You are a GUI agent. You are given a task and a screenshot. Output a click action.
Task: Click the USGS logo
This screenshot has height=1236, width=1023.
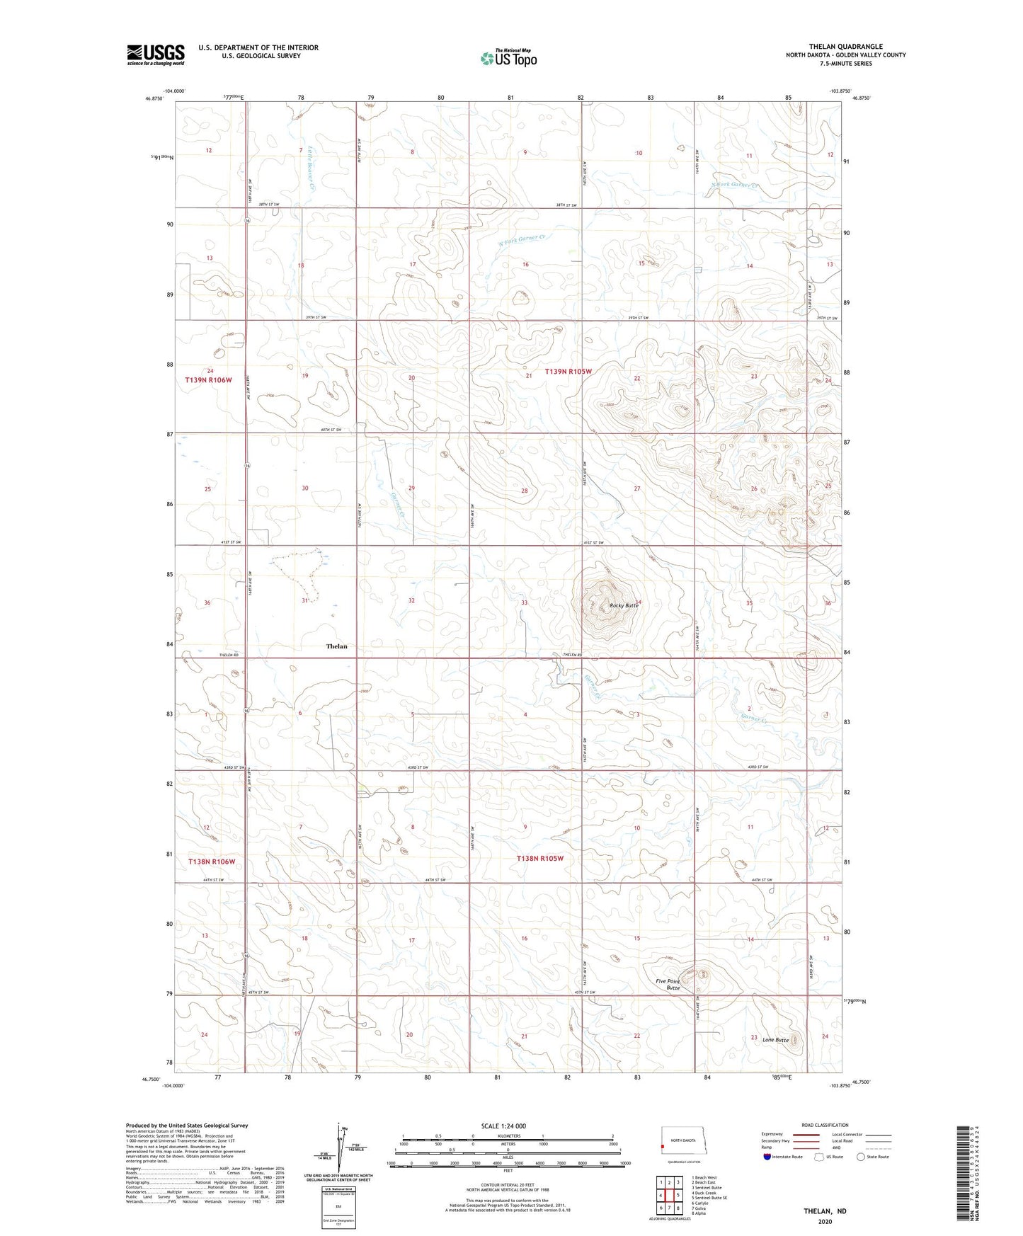156,55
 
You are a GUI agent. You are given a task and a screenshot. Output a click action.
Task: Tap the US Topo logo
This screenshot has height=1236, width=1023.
508,58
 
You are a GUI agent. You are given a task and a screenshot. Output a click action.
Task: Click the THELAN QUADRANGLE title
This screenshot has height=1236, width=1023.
845,47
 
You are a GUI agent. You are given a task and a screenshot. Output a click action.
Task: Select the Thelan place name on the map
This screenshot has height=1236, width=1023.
336,646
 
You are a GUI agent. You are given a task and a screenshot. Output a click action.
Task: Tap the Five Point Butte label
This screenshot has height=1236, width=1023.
668,984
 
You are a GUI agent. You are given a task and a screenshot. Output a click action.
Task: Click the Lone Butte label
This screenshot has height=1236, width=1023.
775,1040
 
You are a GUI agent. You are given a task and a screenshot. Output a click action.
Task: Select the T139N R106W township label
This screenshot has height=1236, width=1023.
209,380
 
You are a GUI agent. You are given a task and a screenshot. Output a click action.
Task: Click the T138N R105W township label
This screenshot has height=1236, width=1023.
540,859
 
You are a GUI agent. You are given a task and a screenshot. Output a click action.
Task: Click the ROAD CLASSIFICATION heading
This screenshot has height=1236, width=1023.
824,1125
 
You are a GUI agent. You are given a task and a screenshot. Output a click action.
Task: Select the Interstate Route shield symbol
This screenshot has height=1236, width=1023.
767,1157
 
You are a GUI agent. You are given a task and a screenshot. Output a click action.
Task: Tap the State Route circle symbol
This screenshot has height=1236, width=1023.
861,1157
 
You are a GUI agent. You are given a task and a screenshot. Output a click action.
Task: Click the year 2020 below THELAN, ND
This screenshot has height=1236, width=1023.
824,1221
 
